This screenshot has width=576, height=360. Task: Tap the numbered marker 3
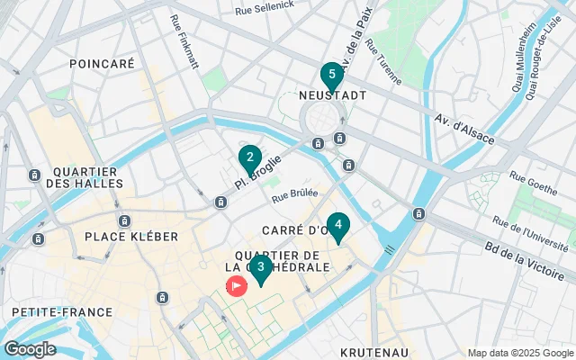tap(260, 266)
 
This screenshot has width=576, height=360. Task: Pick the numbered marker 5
tap(332, 75)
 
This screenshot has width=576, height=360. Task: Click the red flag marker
tap(236, 286)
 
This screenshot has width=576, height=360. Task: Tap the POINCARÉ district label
tap(102, 64)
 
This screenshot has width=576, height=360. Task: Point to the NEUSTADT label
tap(331, 94)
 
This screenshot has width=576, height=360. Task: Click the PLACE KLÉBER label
tap(131, 236)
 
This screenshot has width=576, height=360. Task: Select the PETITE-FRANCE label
tap(62, 311)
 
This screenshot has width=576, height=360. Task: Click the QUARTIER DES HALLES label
tap(85, 177)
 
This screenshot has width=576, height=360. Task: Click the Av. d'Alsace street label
tap(464, 130)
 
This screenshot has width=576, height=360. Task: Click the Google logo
tap(30, 349)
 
